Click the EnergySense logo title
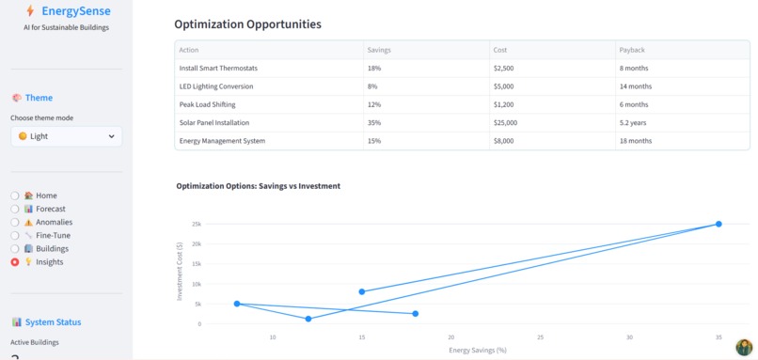pos(75,11)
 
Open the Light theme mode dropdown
pos(66,136)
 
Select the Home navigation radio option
pos(15,196)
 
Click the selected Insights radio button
pos(15,262)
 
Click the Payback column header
pos(632,49)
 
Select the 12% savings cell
pos(373,104)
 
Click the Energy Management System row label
pos(222,141)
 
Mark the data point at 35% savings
pos(719,224)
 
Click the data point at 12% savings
pos(308,319)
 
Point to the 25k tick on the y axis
pos(196,224)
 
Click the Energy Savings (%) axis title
pos(477,350)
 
